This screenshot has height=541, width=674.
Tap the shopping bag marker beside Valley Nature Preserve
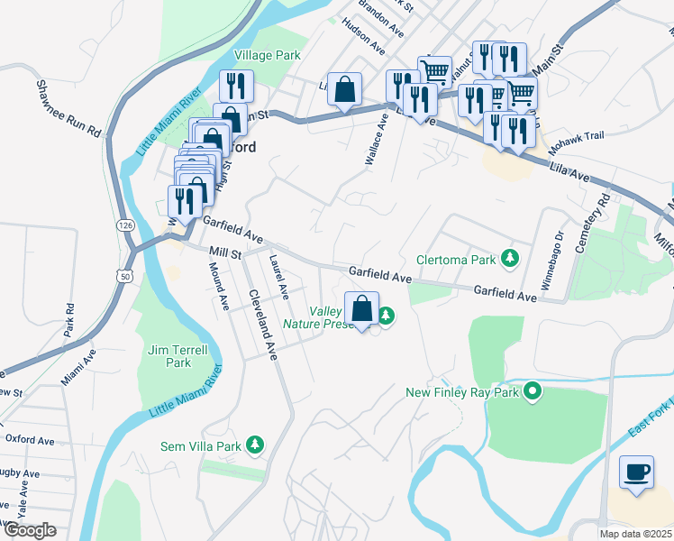[361, 309]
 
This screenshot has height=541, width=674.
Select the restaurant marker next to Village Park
[236, 87]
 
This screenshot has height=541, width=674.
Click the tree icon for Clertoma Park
[511, 260]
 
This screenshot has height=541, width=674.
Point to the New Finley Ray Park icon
[533, 392]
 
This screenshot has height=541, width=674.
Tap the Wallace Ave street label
[376, 138]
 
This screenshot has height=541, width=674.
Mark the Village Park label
[268, 55]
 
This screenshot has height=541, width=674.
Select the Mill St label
[224, 254]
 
